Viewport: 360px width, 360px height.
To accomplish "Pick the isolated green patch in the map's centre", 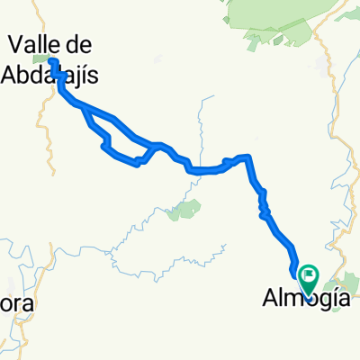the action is tap(186, 211).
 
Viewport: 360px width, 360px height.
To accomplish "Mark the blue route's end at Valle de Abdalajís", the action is tap(52, 61).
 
